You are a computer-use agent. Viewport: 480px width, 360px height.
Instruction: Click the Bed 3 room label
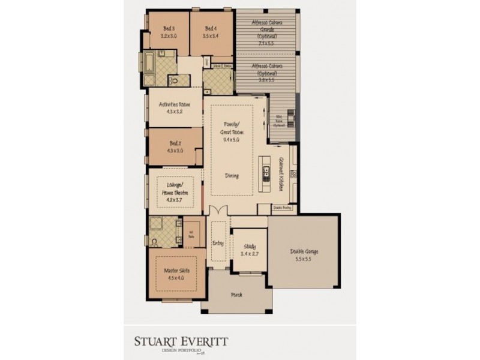[x=169, y=28]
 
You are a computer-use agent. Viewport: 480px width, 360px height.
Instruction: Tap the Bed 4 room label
[x=210, y=28]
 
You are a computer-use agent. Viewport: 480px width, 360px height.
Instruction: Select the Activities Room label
[x=174, y=104]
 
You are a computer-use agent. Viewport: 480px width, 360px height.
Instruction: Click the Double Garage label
[x=304, y=251]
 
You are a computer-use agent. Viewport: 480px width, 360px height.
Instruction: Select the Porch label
[x=236, y=295]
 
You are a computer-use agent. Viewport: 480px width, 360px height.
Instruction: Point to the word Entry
[x=218, y=243]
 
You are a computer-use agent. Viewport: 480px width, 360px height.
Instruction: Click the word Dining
[x=232, y=176]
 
